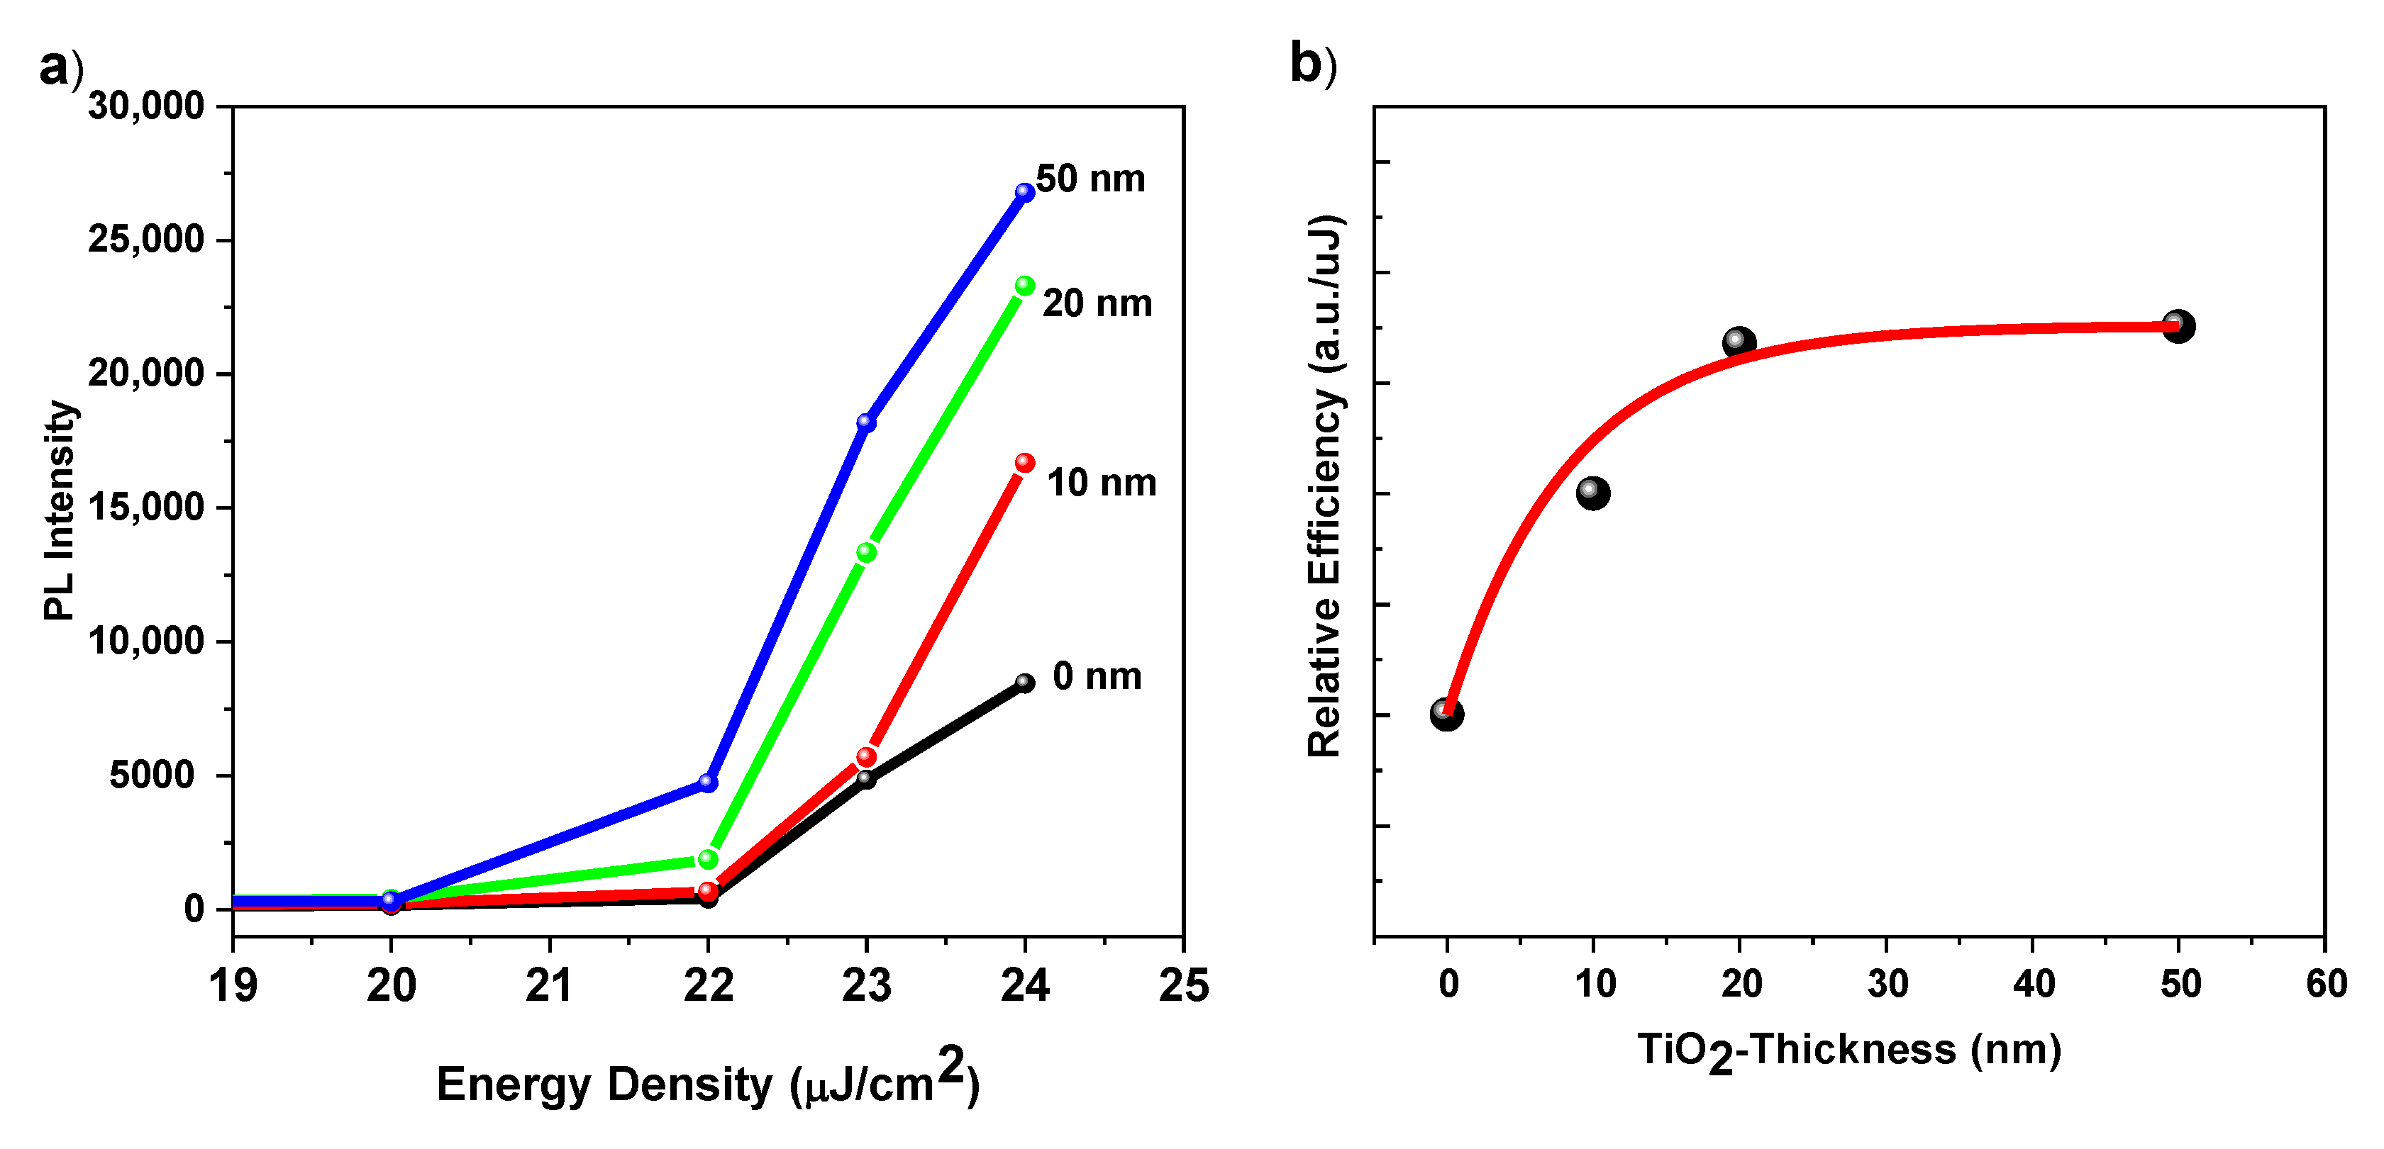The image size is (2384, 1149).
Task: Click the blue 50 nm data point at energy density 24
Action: pyautogui.click(x=1024, y=192)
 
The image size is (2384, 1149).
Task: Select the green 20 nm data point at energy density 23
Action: pyautogui.click(x=866, y=552)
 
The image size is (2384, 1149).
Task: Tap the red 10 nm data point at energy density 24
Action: pyautogui.click(x=1024, y=463)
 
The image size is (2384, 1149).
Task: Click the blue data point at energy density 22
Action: pyautogui.click(x=708, y=783)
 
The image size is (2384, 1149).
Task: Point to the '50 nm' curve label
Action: pyautogui.click(x=1090, y=179)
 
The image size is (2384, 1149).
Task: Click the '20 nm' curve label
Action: pyautogui.click(x=1097, y=303)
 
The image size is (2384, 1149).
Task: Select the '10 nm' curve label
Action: pyautogui.click(x=1102, y=483)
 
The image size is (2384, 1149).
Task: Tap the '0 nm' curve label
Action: pyautogui.click(x=1097, y=676)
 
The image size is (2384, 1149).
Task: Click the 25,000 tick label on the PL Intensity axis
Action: pyautogui.click(x=145, y=240)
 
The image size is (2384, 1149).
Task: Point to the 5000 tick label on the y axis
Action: pyautogui.click(x=152, y=775)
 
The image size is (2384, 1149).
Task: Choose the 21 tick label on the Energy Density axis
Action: pyautogui.click(x=550, y=986)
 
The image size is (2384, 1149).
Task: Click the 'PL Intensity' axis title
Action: pyautogui.click(x=60, y=510)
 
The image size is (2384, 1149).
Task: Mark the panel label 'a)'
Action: pyautogui.click(x=61, y=67)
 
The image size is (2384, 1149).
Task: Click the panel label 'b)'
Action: pyautogui.click(x=1312, y=64)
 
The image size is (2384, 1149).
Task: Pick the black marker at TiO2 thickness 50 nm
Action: pyautogui.click(x=2178, y=325)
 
